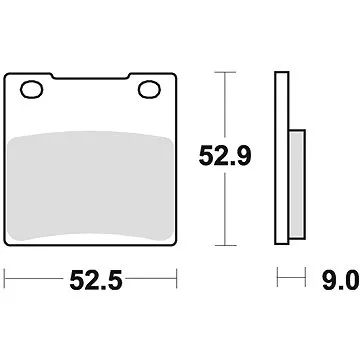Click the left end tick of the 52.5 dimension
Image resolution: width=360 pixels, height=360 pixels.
point(6,276)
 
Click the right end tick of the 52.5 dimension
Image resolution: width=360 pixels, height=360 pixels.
point(177,276)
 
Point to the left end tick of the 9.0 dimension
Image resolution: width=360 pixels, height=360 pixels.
point(277,276)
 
